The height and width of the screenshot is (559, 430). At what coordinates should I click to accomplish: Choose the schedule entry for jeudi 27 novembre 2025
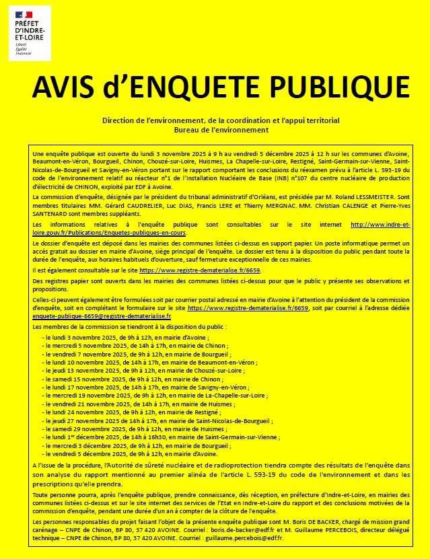[157, 419]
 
